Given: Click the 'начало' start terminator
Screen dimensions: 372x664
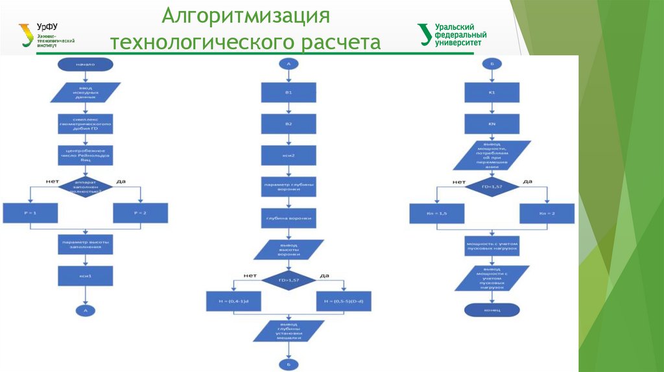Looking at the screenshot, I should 85,64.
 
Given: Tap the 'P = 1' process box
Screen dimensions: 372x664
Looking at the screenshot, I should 30,213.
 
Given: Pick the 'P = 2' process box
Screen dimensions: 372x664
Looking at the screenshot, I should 140,213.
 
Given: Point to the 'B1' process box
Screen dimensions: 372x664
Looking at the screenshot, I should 289,93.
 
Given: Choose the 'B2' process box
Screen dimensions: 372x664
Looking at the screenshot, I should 289,124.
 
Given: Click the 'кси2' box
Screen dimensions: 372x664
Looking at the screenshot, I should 289,156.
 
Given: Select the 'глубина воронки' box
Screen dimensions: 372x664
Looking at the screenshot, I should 289,219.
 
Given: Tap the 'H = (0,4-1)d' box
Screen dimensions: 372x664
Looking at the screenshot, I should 233,301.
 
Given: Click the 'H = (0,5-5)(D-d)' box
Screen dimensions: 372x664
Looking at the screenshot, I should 344,301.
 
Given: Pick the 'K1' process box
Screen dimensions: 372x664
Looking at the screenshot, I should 492,93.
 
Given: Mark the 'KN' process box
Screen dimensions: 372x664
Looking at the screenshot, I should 492,124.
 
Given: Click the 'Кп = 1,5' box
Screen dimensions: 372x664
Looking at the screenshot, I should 436,213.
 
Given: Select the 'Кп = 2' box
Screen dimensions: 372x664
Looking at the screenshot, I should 547,213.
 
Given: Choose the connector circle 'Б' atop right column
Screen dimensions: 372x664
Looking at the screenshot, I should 492,64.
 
